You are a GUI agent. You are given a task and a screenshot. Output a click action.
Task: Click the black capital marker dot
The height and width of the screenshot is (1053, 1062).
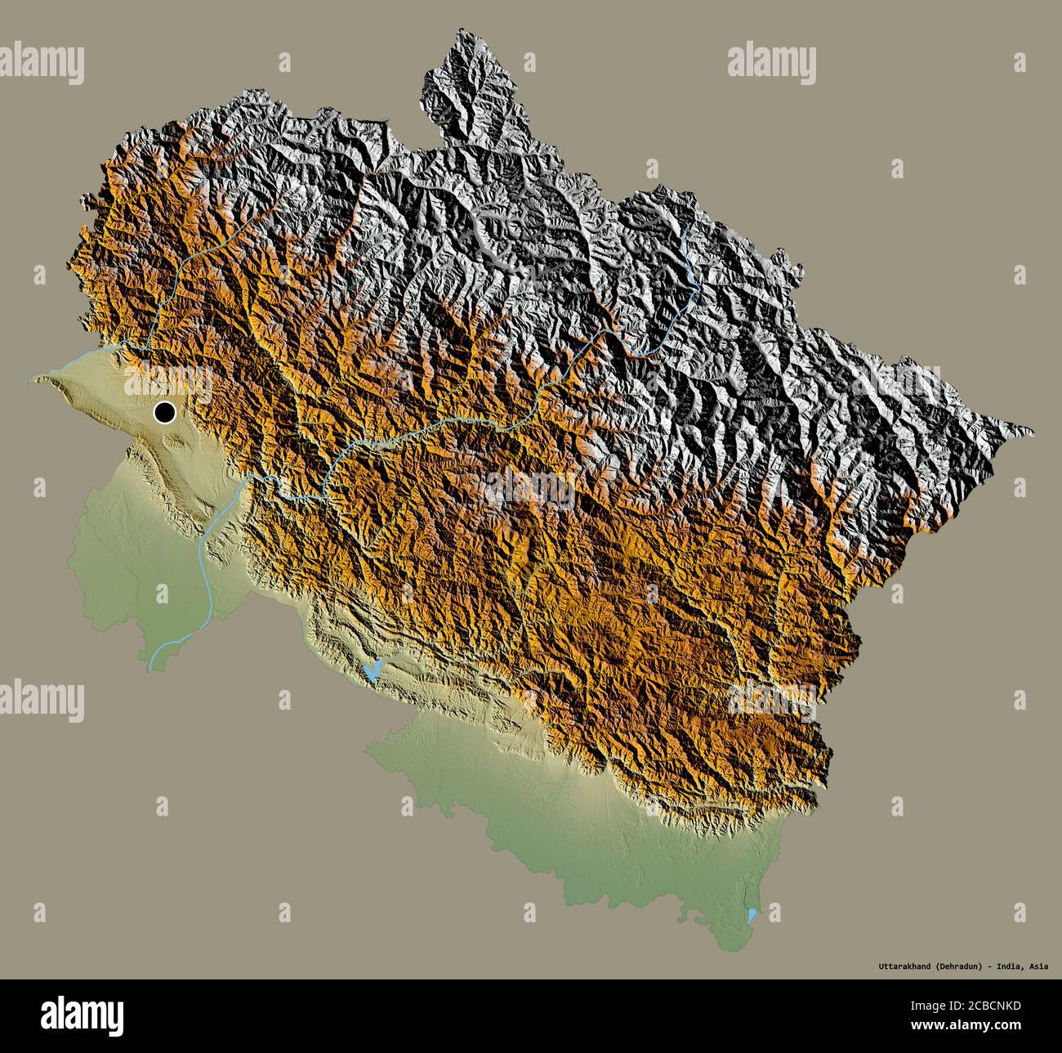point(165,414)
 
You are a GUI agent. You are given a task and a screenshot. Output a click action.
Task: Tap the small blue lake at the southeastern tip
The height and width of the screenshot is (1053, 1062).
point(752,914)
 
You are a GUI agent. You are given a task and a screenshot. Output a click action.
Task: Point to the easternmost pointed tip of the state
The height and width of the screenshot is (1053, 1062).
point(1033,432)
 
